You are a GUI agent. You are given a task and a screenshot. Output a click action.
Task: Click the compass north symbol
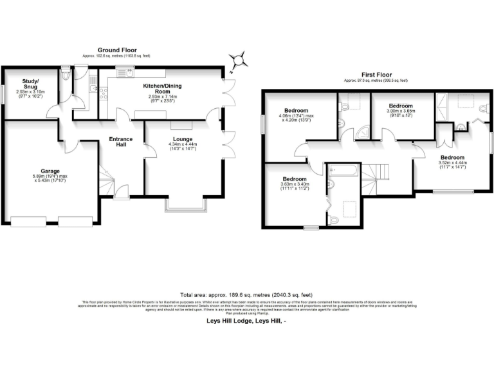[x=240, y=61]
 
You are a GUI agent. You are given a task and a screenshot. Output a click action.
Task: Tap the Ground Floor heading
[x=116, y=50]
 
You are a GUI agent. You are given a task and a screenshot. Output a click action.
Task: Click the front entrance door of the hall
[x=120, y=191]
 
